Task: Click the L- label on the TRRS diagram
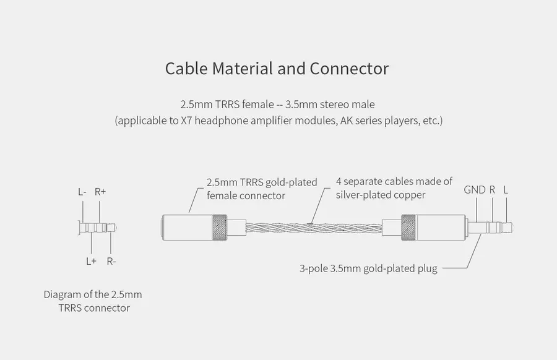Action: point(82,192)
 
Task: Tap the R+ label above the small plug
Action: point(100,192)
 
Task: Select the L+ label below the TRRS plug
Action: point(92,261)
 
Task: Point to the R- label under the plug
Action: point(111,261)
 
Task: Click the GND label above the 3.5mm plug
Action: point(475,190)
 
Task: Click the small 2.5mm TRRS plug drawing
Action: point(97,228)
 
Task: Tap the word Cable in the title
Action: point(186,69)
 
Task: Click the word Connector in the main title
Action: point(349,69)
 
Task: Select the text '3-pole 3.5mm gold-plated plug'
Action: point(368,268)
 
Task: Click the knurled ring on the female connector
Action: point(220,228)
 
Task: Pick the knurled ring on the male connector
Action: point(408,228)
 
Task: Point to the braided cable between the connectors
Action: point(314,228)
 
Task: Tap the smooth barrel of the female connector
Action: point(187,228)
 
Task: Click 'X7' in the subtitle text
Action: point(186,121)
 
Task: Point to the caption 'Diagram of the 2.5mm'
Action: point(93,294)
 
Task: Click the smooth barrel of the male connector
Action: point(441,228)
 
